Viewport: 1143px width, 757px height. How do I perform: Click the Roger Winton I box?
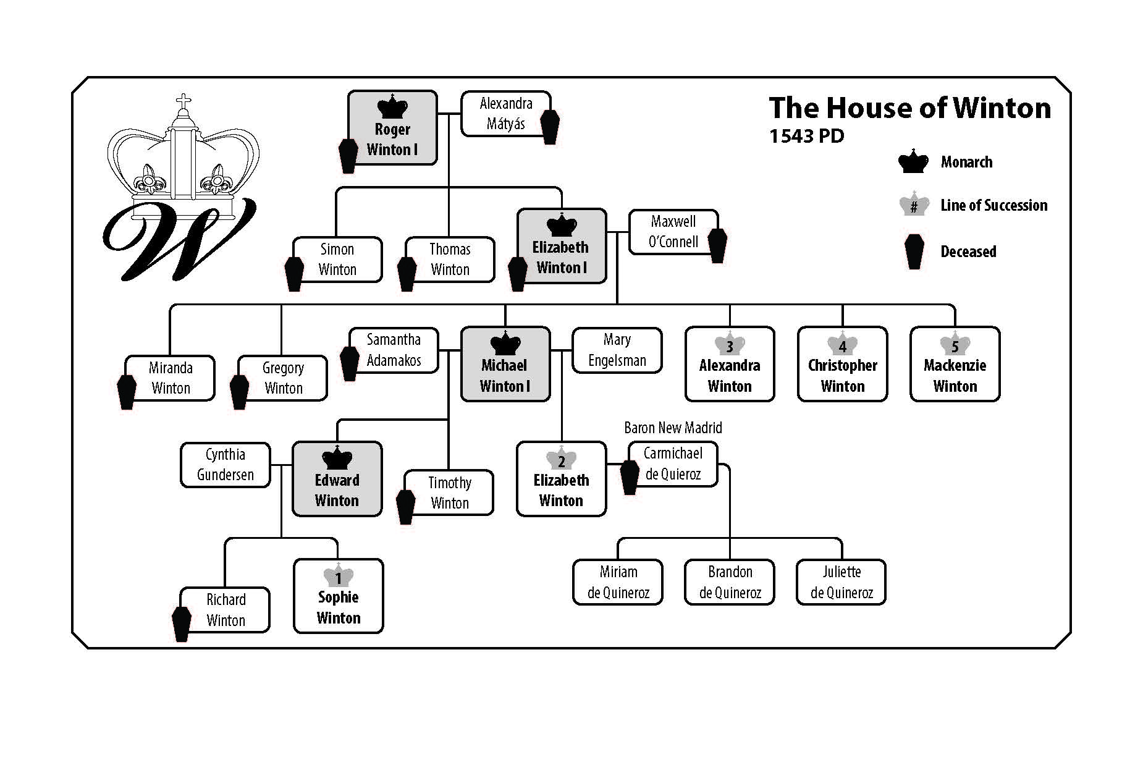(x=392, y=128)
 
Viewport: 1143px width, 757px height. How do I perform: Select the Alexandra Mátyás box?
(x=505, y=114)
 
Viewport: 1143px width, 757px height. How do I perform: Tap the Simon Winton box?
(x=337, y=260)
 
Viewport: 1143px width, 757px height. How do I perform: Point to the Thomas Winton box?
(x=450, y=260)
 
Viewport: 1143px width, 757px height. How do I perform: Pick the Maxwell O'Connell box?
(x=673, y=232)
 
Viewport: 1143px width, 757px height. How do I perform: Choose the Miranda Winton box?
(x=171, y=378)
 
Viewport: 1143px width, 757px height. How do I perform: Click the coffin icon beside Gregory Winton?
(x=239, y=392)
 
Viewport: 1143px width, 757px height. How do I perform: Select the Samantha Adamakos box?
(x=394, y=350)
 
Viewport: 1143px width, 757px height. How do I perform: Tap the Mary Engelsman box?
(x=617, y=350)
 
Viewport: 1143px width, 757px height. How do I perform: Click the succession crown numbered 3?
(x=730, y=345)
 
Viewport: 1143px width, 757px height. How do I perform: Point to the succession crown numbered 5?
(x=955, y=345)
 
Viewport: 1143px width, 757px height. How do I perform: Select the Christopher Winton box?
(x=843, y=365)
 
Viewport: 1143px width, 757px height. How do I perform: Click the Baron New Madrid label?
(x=673, y=428)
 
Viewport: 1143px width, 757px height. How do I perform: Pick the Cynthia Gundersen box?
(x=226, y=465)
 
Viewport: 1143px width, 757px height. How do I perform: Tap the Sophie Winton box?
(x=339, y=596)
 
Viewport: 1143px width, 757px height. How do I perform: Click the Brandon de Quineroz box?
(x=730, y=582)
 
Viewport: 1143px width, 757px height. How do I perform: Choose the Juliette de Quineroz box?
(x=841, y=582)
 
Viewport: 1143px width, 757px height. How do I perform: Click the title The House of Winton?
(x=909, y=108)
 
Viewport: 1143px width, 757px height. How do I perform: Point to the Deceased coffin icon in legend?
(x=914, y=252)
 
